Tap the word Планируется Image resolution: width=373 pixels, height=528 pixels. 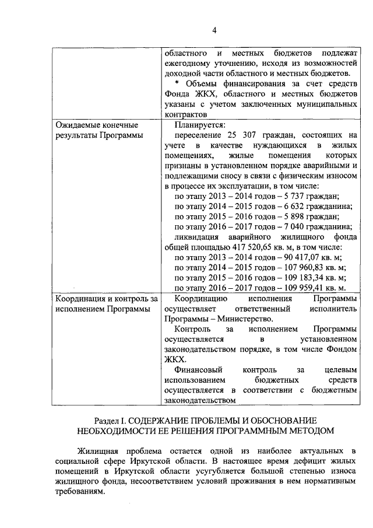coord(200,125)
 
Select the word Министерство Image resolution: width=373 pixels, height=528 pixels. coord(248,319)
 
